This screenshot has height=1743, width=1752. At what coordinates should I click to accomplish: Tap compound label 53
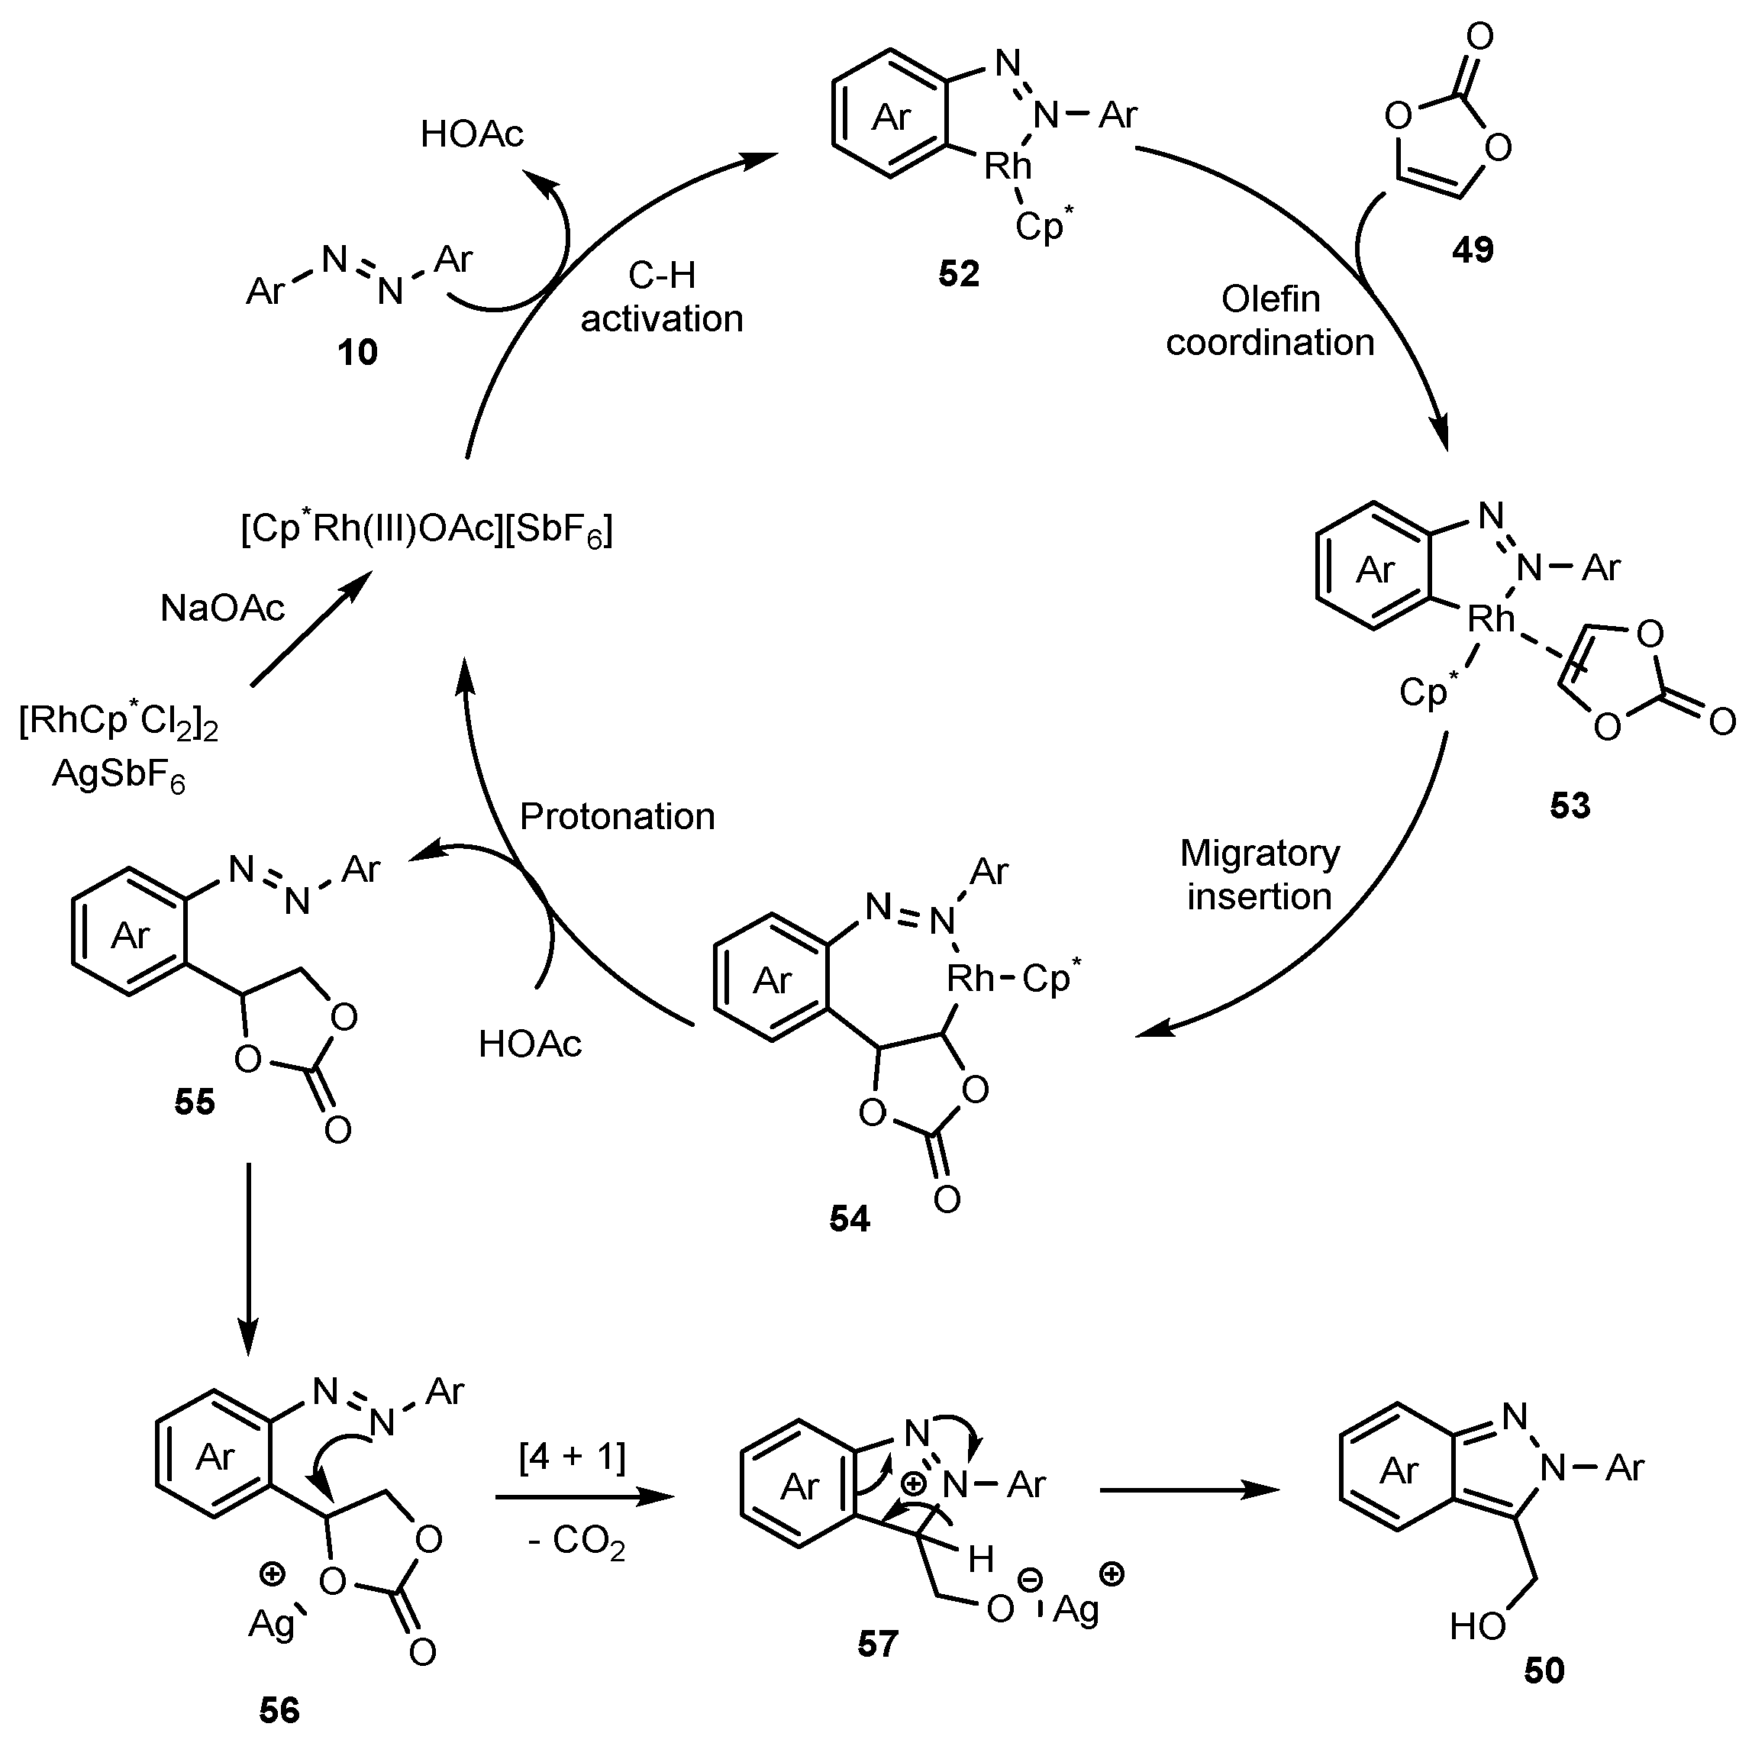[1570, 805]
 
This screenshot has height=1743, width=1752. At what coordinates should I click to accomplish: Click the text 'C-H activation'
[661, 298]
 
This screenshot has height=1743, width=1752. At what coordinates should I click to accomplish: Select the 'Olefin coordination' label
[1270, 320]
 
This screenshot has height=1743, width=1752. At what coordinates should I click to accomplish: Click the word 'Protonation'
[617, 817]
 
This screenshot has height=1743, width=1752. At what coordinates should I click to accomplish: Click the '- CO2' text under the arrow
[576, 1541]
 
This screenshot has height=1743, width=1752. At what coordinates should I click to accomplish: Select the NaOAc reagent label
[222, 608]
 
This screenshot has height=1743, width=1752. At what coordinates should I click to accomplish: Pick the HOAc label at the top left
[472, 134]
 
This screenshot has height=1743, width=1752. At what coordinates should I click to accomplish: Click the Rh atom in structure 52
[1008, 166]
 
